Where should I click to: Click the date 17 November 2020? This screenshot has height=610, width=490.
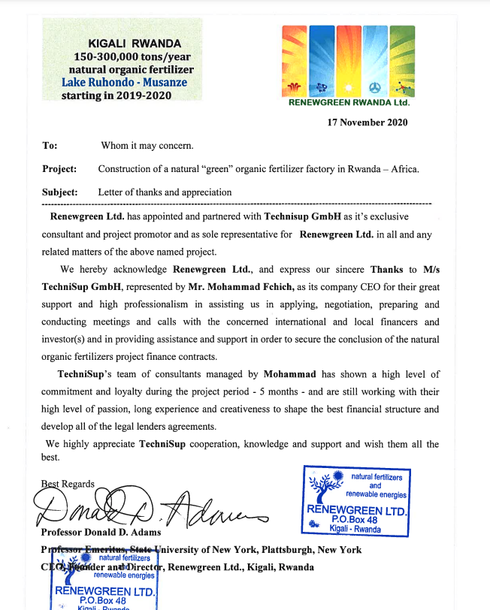[x=367, y=122]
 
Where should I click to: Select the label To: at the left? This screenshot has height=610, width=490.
[x=50, y=146]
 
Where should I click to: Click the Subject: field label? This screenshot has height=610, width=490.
[x=60, y=192]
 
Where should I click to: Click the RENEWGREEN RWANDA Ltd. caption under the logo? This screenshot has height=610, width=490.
[x=348, y=103]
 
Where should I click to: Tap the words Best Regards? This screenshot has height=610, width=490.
[x=68, y=484]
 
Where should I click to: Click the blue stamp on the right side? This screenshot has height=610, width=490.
[x=355, y=499]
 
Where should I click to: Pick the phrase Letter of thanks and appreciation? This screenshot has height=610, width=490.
[x=165, y=192]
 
